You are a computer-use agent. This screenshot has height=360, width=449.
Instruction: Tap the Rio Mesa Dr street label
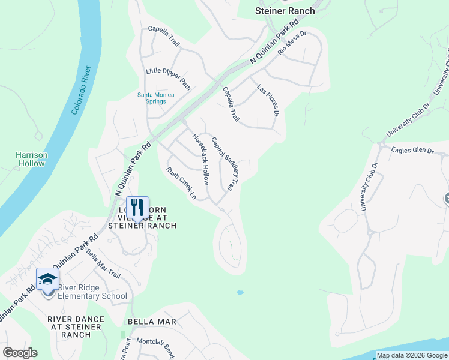click(x=292, y=43)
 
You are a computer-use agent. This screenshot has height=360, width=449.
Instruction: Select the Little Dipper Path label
click(x=168, y=79)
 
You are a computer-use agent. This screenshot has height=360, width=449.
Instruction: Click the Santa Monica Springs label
click(x=156, y=98)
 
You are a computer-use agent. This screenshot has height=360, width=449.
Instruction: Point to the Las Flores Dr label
click(x=268, y=100)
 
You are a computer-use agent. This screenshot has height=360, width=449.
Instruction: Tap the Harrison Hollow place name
click(x=31, y=159)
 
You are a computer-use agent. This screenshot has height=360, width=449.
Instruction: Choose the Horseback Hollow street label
click(x=200, y=158)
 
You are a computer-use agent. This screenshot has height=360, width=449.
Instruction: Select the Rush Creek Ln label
click(x=182, y=182)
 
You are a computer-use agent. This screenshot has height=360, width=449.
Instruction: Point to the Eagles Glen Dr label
click(x=412, y=151)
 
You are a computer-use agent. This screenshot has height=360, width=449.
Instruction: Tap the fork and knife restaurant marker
click(x=137, y=208)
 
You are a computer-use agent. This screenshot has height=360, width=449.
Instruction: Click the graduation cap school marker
click(x=48, y=279)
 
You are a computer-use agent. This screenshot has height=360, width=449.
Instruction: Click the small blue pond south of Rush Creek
click(x=240, y=293)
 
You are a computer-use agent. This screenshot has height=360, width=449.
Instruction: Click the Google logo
click(x=20, y=353)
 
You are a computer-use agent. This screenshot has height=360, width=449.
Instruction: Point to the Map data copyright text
click(x=411, y=355)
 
